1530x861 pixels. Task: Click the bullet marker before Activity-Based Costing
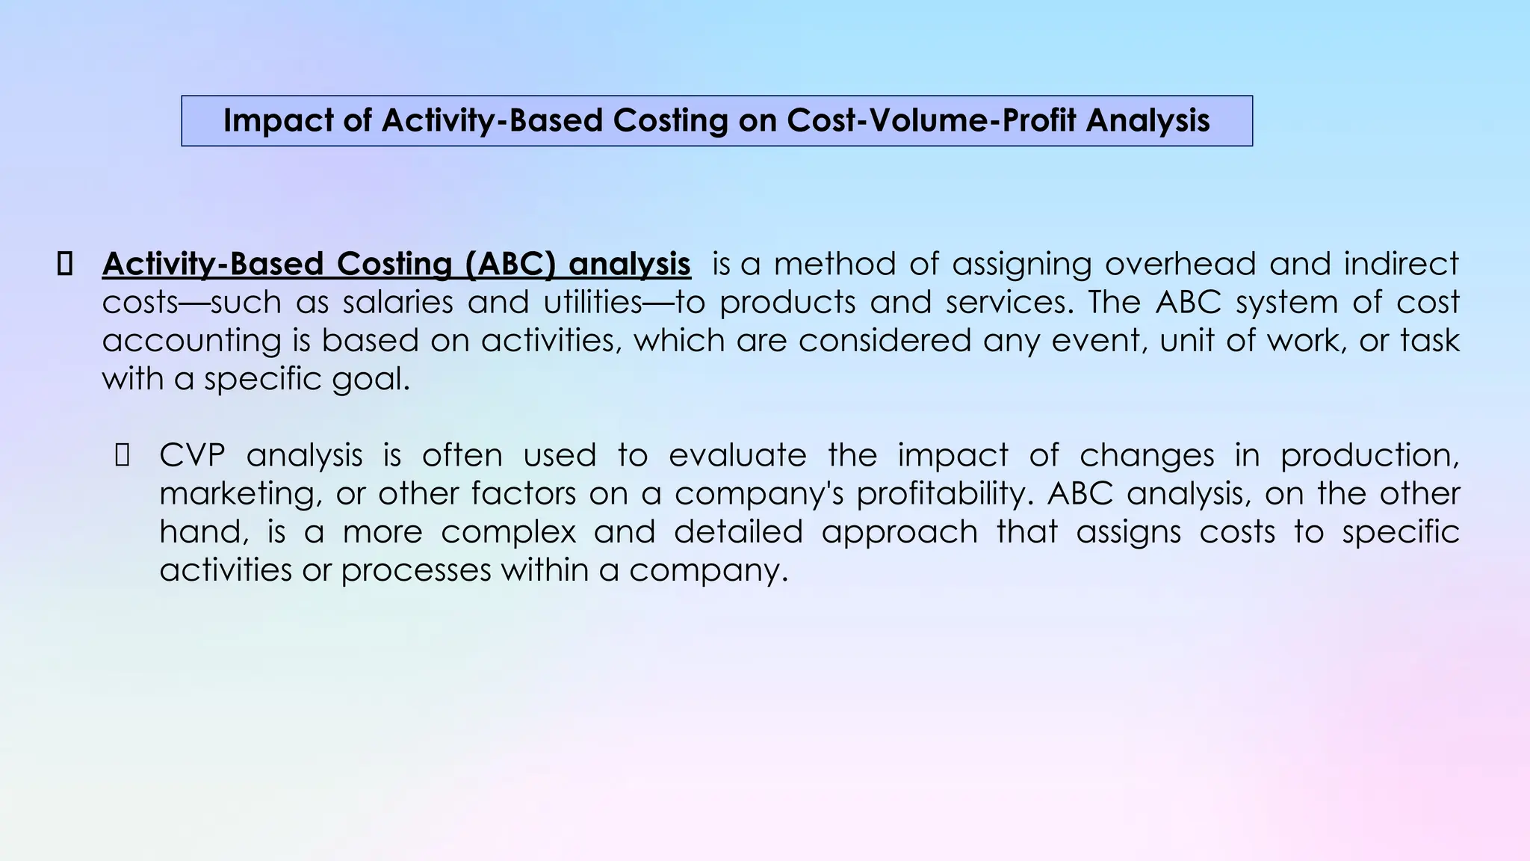tap(64, 265)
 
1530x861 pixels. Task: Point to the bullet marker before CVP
tap(123, 455)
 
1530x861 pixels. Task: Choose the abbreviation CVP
tap(192, 455)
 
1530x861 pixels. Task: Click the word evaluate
tap(737, 455)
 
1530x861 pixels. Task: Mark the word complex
tap(508, 532)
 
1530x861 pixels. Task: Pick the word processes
tap(416, 571)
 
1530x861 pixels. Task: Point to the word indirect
tap(1401, 265)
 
